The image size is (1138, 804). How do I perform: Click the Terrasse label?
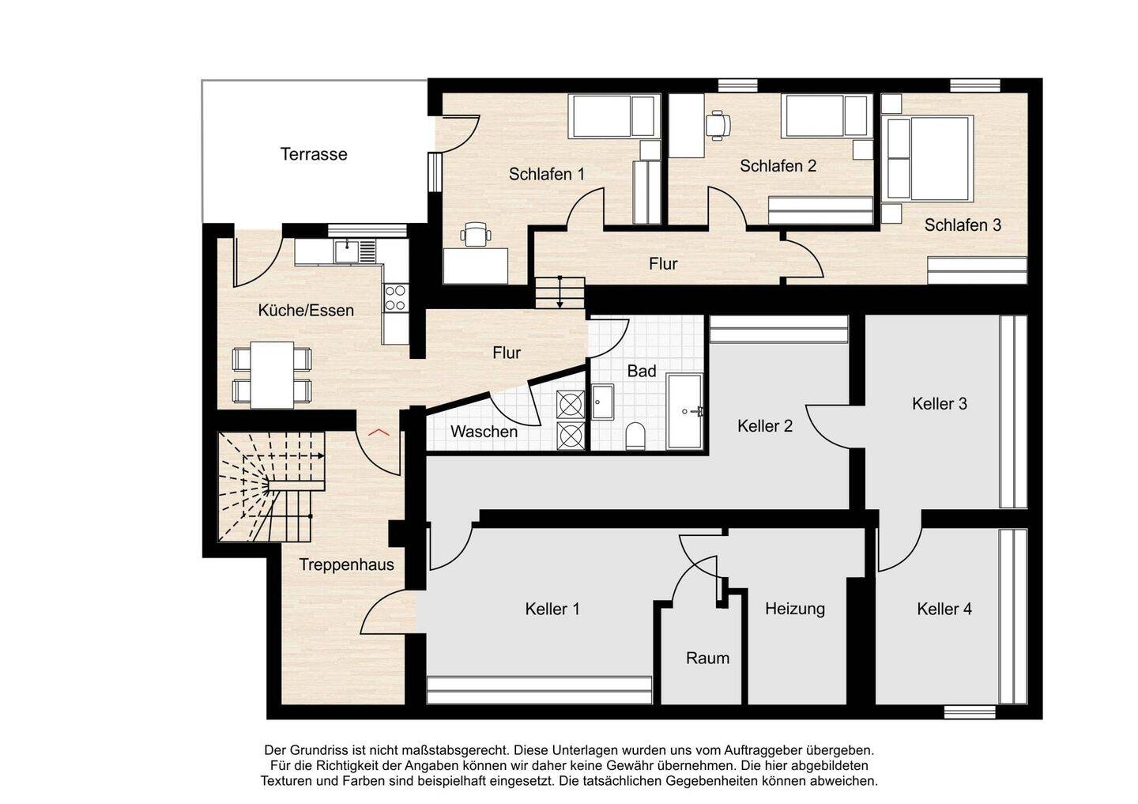(314, 154)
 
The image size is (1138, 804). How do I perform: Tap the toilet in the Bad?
(635, 436)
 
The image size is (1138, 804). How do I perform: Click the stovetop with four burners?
(395, 297)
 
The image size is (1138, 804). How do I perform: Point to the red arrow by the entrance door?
(379, 432)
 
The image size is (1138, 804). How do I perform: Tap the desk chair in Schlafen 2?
(718, 125)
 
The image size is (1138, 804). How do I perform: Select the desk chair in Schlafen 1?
(476, 234)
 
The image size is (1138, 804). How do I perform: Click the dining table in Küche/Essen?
(273, 375)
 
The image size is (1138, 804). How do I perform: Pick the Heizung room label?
(794, 609)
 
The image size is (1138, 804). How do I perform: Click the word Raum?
(707, 658)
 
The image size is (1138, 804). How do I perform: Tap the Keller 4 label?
(944, 609)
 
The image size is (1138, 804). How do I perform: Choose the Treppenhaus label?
(346, 564)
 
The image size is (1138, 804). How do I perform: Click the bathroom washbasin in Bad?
(602, 402)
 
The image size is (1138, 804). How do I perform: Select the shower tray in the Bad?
(685, 412)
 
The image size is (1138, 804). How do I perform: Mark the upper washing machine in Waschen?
(571, 405)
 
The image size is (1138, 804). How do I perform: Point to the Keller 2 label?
(765, 426)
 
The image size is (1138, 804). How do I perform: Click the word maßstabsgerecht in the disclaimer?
(455, 750)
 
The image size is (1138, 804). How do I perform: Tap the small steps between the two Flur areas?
(560, 293)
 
